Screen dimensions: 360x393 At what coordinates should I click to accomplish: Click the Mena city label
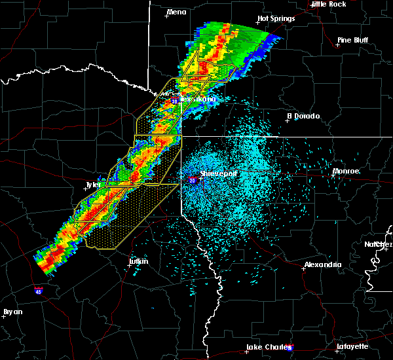(x=177, y=12)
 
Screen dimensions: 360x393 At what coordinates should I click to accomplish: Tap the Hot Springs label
(x=276, y=18)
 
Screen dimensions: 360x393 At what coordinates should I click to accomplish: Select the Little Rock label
(x=328, y=4)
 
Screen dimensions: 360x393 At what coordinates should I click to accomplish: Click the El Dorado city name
(x=304, y=116)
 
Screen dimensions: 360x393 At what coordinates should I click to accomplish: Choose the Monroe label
(x=346, y=171)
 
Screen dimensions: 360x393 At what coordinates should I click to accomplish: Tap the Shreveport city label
(x=218, y=174)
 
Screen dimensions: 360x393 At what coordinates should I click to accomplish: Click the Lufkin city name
(x=138, y=261)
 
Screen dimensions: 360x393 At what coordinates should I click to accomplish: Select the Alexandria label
(x=323, y=264)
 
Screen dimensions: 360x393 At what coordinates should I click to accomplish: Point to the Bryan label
(x=12, y=312)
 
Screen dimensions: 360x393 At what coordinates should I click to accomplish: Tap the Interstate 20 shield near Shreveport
(x=193, y=179)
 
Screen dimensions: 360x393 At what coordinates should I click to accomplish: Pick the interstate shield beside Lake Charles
(x=290, y=348)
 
